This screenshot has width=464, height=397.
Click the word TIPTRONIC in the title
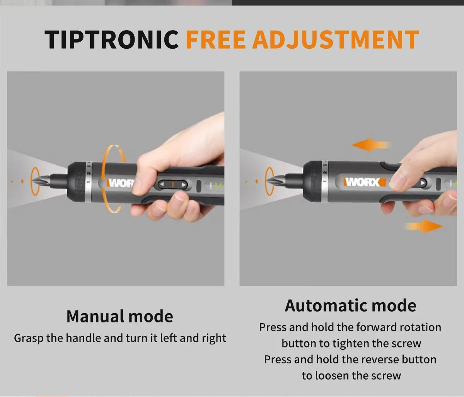pyautogui.click(x=111, y=39)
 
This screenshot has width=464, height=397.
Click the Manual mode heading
pyautogui.click(x=119, y=316)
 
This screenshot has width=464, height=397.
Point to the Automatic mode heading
pyautogui.click(x=350, y=305)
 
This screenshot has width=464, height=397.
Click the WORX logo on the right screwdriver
pyautogui.click(x=364, y=182)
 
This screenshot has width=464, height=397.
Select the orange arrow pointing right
pyautogui.click(x=424, y=226)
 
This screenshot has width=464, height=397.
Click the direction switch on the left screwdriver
pyautogui.click(x=173, y=184)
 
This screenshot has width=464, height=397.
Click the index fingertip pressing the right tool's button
pyautogui.click(x=398, y=182)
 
